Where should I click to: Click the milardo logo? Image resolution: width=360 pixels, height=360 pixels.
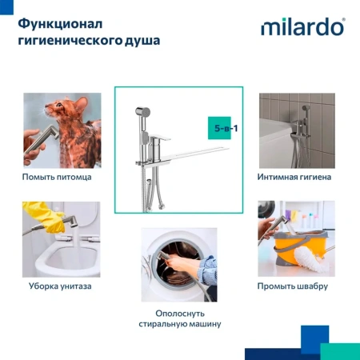pyautogui.click(x=302, y=27)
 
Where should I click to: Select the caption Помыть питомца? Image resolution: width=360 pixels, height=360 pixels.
pyautogui.click(x=57, y=176)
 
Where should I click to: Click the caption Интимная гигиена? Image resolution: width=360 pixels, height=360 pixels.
pyautogui.click(x=294, y=176)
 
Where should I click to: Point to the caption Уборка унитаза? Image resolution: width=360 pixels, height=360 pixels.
pyautogui.click(x=57, y=286)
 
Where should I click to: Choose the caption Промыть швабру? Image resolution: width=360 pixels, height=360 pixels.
pyautogui.click(x=294, y=286)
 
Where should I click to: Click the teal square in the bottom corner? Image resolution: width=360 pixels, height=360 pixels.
pyautogui.click(x=340, y=351)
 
